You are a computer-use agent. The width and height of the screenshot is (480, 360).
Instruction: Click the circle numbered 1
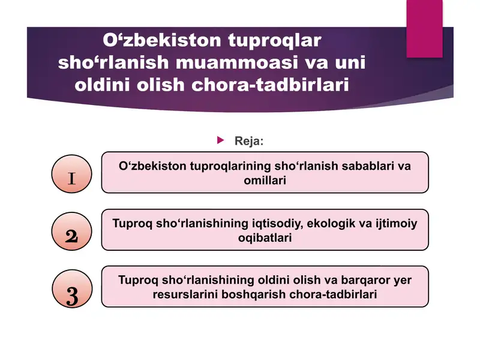coord(71,177)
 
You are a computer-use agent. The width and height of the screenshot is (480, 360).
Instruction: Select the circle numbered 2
coord(71,235)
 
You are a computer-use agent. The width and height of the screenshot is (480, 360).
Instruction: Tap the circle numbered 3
coord(71,293)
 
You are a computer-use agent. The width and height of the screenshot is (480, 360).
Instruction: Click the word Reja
coord(248,141)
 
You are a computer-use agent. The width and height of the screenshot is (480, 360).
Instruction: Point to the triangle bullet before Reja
coord(220,140)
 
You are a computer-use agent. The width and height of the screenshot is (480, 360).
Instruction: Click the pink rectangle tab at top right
coord(428,29)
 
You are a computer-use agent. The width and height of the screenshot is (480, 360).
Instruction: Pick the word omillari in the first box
coord(265,180)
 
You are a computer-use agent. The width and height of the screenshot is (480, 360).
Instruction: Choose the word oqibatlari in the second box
coord(265,238)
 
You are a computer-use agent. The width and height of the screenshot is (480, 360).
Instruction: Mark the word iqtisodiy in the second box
coord(274,224)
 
